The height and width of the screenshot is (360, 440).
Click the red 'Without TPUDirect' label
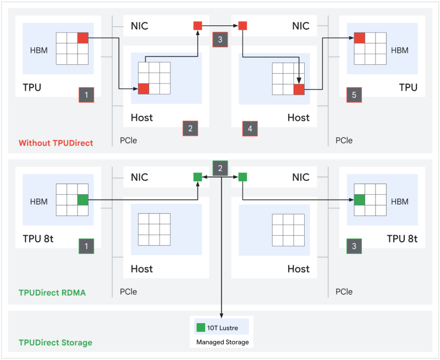point(56,143)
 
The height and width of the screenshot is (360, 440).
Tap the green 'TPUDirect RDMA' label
point(52,293)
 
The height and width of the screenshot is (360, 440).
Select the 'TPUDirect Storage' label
point(56,342)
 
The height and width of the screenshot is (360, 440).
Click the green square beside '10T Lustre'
point(200,328)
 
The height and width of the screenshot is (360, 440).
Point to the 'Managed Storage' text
point(223,342)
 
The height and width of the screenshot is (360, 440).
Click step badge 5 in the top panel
point(354,95)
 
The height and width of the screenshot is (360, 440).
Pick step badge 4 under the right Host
point(250,129)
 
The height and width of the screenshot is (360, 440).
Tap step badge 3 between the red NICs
point(220,40)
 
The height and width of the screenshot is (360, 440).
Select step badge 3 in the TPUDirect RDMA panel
point(354,246)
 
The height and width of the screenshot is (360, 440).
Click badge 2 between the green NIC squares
point(220,168)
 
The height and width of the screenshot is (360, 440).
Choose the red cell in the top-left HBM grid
point(82,37)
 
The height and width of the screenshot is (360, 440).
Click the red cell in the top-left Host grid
point(144,88)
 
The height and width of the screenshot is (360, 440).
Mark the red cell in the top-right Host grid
point(299,89)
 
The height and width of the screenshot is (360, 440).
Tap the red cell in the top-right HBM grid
point(360,37)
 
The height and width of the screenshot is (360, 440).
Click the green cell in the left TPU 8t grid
point(82,200)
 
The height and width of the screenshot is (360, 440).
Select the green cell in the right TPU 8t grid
point(360,200)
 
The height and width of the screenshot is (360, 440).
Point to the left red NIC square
point(198,25)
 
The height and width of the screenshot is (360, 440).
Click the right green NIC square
point(243,177)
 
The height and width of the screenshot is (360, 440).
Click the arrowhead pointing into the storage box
point(221,315)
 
